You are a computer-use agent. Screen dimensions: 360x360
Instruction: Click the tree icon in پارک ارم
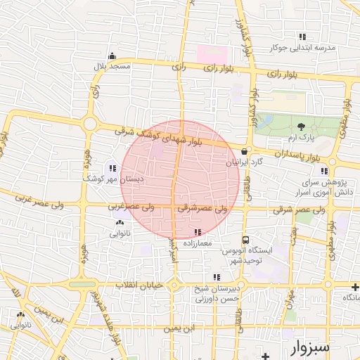302,127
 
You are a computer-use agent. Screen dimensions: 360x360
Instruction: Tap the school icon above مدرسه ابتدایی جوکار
302,37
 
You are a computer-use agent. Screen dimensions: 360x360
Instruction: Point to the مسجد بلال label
112,66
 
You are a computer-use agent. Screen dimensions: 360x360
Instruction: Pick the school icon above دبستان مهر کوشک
112,168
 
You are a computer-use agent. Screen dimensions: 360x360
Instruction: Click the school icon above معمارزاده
197,232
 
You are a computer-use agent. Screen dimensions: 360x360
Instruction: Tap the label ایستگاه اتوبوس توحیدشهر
243,255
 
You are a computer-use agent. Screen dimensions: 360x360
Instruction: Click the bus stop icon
245,240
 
